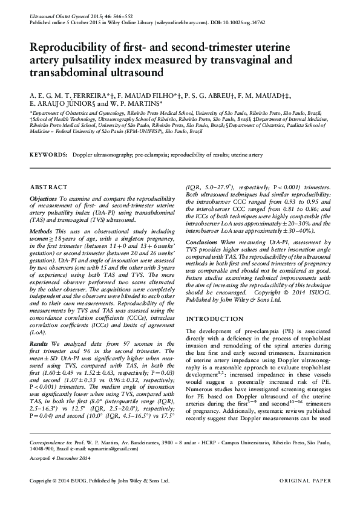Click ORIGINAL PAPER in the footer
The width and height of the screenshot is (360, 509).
[x=305, y=481]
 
